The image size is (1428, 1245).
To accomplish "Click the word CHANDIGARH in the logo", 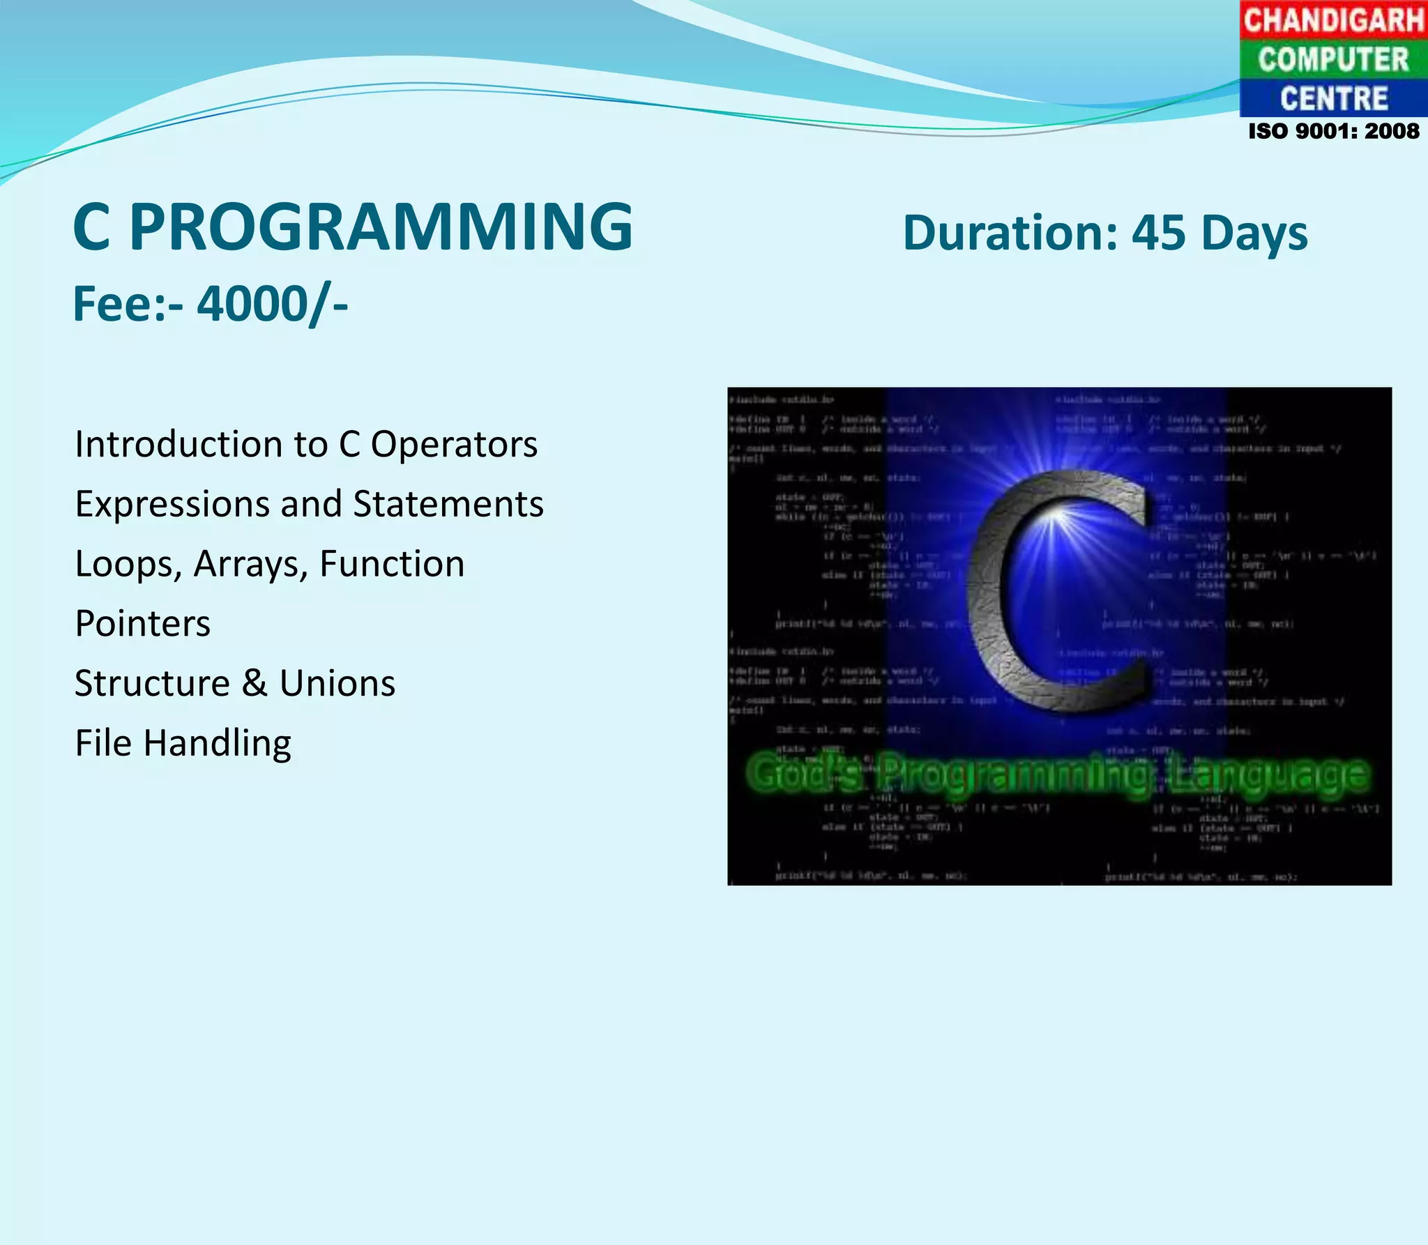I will click(1333, 20).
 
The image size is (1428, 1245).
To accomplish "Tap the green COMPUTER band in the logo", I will click(1333, 59).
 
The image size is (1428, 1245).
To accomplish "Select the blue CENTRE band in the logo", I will click(1333, 98).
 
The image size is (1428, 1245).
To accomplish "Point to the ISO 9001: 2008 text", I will click(1333, 131).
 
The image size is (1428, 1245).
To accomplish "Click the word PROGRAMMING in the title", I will click(381, 227).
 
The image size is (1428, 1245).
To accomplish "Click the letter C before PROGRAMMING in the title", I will click(92, 227).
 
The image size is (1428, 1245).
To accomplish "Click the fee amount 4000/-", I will click(272, 305).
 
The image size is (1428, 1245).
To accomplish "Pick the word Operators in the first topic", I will click(454, 445).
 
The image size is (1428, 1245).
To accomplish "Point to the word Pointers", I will click(142, 624).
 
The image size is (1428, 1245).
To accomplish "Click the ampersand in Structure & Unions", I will click(255, 683).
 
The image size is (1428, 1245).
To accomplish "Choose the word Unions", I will click(337, 683).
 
